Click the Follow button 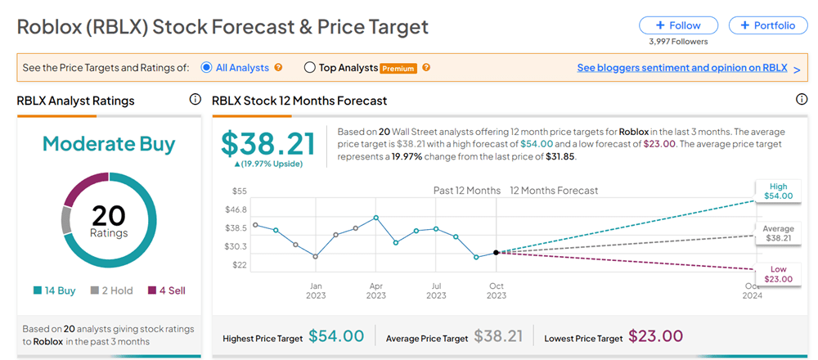[679, 25]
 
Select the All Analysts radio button [207, 68]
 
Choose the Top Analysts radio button [309, 68]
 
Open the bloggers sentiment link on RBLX [681, 68]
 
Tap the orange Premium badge [398, 69]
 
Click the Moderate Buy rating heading [109, 144]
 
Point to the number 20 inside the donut [109, 215]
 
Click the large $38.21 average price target [268, 144]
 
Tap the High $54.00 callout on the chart [778, 191]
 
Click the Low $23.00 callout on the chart [778, 274]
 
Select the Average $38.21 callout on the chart [778, 233]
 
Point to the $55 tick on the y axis [240, 191]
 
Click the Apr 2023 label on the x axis [375, 290]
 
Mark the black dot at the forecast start [497, 252]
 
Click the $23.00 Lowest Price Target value [654, 336]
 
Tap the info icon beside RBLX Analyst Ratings [195, 100]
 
